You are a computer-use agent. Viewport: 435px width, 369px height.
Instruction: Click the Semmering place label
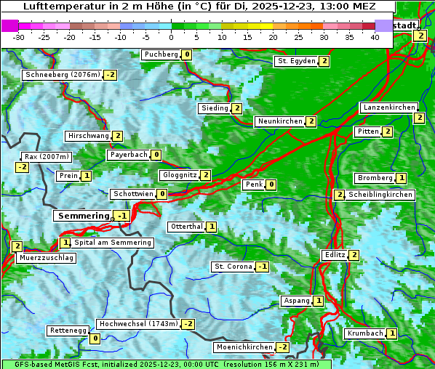[82, 216]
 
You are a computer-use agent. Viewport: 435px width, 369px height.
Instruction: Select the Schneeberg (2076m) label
[62, 75]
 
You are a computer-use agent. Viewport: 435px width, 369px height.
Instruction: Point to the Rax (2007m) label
[47, 156]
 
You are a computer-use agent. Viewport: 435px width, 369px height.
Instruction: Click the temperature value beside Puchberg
[187, 54]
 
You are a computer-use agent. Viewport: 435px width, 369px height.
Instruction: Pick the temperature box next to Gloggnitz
[206, 175]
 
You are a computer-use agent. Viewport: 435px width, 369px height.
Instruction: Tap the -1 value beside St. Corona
[263, 267]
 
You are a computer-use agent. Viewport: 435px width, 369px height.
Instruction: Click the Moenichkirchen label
[244, 347]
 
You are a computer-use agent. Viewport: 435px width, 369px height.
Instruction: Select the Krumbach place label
[365, 333]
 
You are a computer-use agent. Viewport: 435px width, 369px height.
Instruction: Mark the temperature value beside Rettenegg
[95, 338]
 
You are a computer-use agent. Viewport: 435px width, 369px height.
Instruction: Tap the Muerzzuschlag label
[46, 258]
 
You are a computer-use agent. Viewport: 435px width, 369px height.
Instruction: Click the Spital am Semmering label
[113, 243]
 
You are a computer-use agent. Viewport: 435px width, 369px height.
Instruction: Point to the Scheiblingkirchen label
[380, 195]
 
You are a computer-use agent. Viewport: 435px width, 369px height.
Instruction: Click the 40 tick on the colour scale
[375, 37]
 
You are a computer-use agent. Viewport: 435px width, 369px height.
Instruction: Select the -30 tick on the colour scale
[19, 37]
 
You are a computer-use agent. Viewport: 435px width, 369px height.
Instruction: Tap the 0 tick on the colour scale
[172, 37]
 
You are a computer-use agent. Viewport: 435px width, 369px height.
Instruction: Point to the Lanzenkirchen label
[389, 108]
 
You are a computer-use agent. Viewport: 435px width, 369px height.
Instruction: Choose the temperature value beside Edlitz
[354, 255]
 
